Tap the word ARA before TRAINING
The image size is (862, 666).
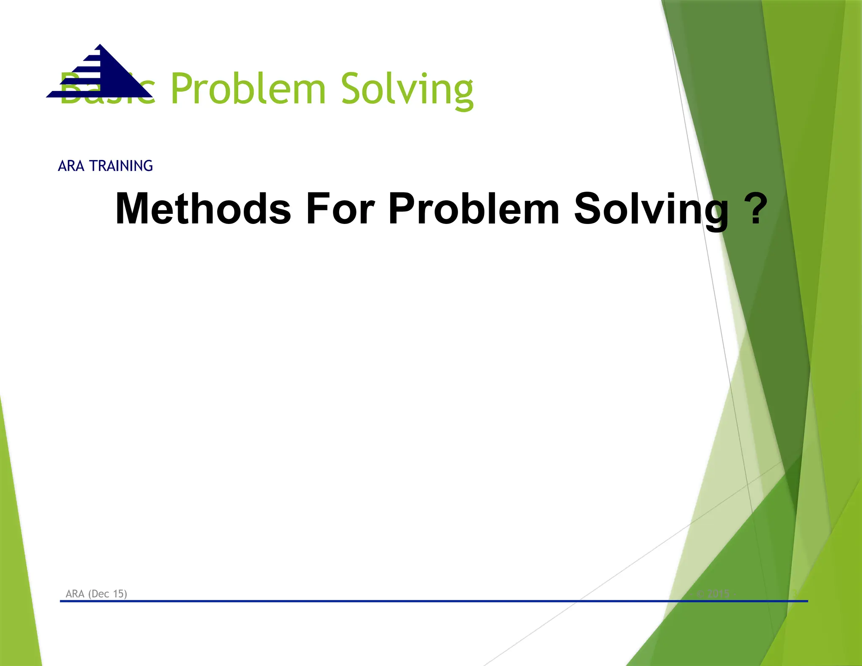tap(71, 166)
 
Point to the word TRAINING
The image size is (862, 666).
tap(121, 166)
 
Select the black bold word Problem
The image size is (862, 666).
tap(474, 208)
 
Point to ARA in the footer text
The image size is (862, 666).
tap(75, 594)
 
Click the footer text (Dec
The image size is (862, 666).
tap(99, 594)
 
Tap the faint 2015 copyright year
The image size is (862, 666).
tap(719, 594)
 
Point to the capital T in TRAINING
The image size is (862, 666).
tap(93, 166)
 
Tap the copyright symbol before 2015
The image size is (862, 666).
tap(700, 594)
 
